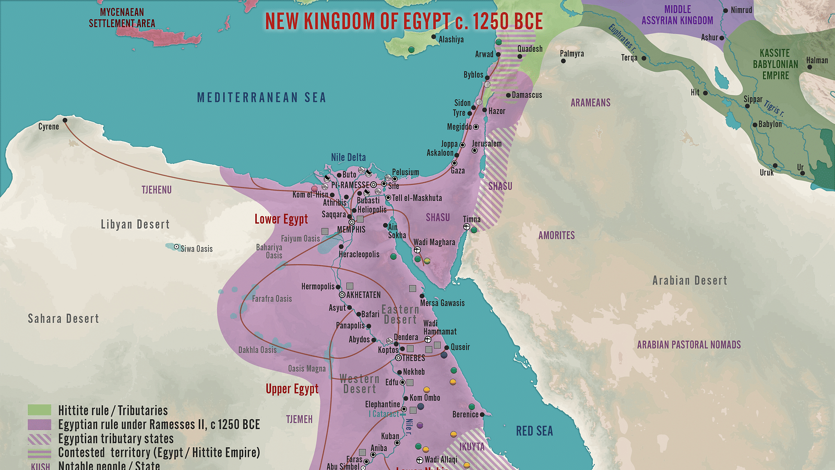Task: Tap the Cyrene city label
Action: [x=49, y=127]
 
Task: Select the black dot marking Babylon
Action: [x=755, y=125]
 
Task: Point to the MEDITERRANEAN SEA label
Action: [x=261, y=98]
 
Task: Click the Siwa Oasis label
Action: [x=197, y=249]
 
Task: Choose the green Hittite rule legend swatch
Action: [x=39, y=410]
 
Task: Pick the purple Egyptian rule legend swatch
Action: [x=39, y=424]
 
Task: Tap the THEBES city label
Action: [x=414, y=358]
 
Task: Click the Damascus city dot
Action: [x=508, y=95]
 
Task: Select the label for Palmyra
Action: [x=572, y=54]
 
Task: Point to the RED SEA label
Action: [x=534, y=431]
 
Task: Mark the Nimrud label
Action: [x=742, y=10]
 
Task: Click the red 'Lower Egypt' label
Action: [x=281, y=219]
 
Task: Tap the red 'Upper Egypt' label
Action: [x=292, y=389]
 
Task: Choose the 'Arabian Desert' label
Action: [x=689, y=280]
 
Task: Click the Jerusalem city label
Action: [x=486, y=144]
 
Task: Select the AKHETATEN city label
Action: [x=363, y=295]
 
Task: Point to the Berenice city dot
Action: [x=482, y=414]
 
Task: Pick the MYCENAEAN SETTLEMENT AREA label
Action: [x=122, y=18]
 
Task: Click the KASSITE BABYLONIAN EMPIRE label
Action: [x=775, y=64]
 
